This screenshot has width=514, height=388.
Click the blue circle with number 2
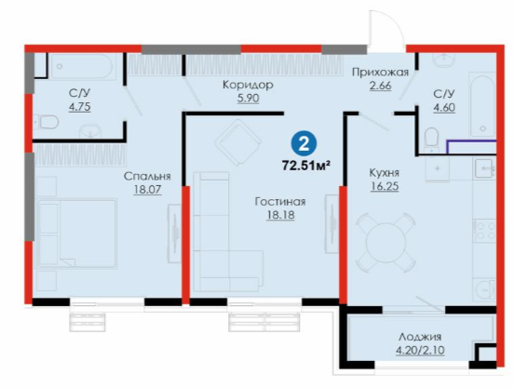coord(304,143)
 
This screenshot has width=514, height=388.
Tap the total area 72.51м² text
coord(305,166)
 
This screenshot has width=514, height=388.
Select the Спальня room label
coord(147,176)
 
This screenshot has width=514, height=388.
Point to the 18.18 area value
coord(280,215)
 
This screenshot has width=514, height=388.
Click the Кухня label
coord(385,172)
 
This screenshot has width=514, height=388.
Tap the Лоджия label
coord(420,337)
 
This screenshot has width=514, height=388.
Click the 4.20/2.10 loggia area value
coord(420,351)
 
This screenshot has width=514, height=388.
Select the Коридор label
coord(248,85)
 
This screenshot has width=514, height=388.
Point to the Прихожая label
coord(380,72)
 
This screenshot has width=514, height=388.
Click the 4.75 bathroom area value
coord(80,107)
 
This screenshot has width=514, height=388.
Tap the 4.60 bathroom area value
coord(444,108)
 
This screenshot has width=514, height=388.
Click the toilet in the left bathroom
coord(46,122)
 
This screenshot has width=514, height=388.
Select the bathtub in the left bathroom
coord(83,66)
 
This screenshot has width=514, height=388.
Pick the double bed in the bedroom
coord(77,234)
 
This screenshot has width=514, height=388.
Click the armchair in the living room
coord(238,142)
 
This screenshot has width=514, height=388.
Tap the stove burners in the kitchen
coord(485,231)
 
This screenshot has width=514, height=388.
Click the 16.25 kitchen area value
coord(385,186)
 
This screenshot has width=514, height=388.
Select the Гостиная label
coord(280,201)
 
